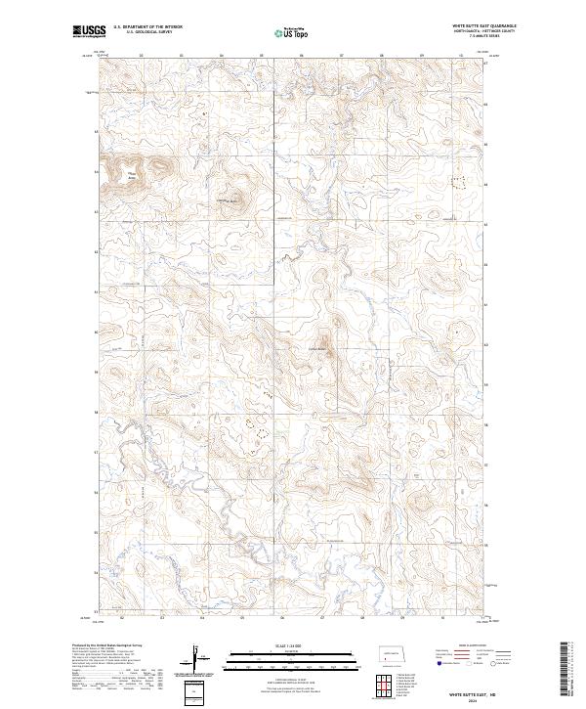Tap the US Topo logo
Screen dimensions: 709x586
click(x=282, y=31)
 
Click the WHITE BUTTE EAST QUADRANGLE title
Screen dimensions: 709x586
click(x=484, y=25)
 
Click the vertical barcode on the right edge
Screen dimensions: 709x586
click(x=566, y=670)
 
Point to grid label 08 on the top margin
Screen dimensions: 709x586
click(x=381, y=56)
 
